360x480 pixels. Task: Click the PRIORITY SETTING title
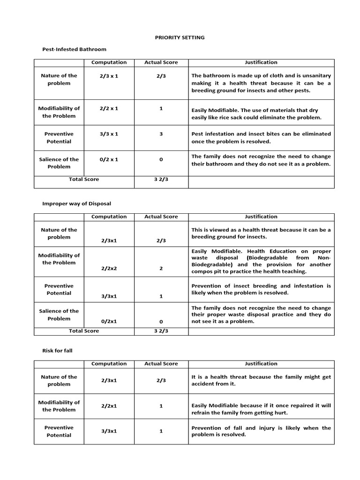click(x=180, y=37)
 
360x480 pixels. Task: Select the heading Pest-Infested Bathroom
click(x=74, y=49)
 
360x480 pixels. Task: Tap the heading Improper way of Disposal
click(x=76, y=203)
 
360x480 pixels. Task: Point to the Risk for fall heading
click(x=57, y=350)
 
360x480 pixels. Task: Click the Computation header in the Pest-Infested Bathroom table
click(x=109, y=62)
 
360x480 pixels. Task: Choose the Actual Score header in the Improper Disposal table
click(x=161, y=217)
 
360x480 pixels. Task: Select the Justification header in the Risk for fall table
click(x=261, y=364)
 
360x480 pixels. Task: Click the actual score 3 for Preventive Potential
click(x=161, y=134)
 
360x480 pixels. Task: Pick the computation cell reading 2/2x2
click(x=109, y=269)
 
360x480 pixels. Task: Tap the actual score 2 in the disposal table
click(x=161, y=269)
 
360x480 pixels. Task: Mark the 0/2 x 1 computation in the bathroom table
click(x=109, y=159)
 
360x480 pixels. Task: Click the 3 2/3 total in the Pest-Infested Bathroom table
click(x=161, y=180)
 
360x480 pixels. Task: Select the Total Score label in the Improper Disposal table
click(x=84, y=331)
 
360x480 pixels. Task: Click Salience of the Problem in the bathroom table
click(x=59, y=163)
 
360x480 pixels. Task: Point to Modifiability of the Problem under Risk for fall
click(x=59, y=406)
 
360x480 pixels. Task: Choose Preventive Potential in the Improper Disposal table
click(x=59, y=289)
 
